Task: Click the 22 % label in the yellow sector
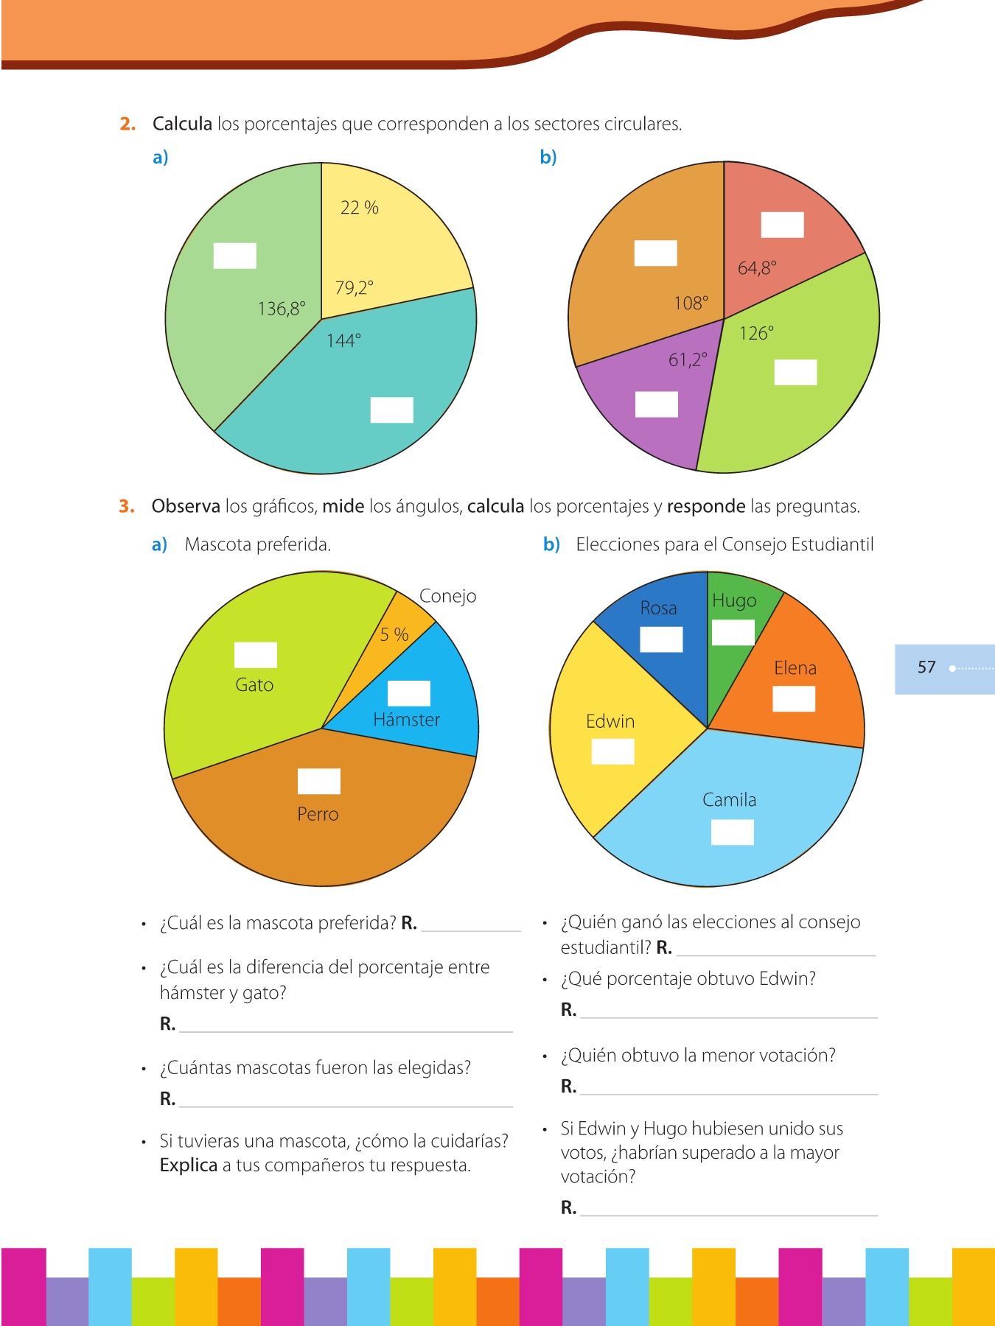coord(360,208)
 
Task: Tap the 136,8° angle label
coord(282,308)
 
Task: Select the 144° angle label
coord(343,340)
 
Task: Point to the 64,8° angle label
coord(757,267)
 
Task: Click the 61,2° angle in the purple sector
coord(688,359)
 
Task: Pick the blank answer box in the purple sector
coord(656,404)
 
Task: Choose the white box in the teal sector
coord(391,410)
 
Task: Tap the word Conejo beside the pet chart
coord(447,596)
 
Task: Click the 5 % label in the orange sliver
coord(394,634)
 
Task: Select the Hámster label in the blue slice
coord(406,720)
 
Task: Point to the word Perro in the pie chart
coord(318,814)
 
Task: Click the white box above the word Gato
coord(255,655)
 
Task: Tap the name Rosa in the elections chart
coord(658,608)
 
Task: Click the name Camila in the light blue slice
coord(729,800)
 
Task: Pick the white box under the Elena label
coord(794,699)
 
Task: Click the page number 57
coord(926,667)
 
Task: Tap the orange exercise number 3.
coord(127,506)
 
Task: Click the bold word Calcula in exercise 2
coord(182,124)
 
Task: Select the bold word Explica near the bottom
coord(189,1165)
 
